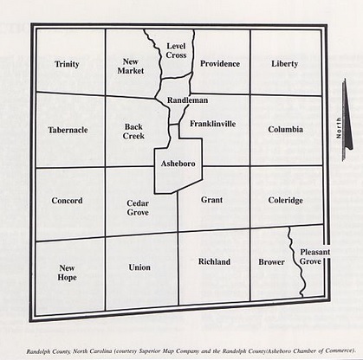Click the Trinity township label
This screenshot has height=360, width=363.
67,64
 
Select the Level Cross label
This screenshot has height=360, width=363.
177,50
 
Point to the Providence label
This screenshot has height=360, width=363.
220,64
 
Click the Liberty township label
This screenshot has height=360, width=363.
284,64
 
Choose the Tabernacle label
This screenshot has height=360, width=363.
68,130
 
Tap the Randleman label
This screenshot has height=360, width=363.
187,100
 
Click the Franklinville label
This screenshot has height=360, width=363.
212,124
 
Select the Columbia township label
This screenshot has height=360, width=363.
285,130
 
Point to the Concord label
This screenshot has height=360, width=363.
67,201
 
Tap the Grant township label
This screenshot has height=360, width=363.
211,200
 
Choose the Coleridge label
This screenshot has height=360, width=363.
285,201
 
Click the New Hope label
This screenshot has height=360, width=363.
68,273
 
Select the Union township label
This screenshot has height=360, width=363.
139,267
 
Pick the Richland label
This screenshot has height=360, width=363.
214,261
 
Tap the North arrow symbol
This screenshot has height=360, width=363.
344,128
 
